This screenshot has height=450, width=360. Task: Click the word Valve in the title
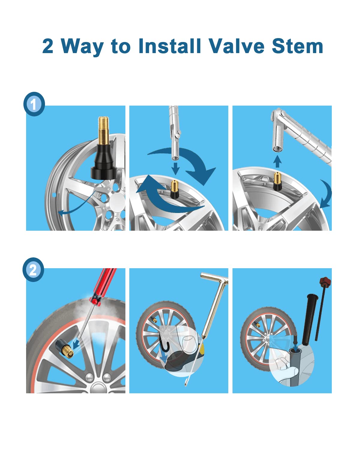(237, 46)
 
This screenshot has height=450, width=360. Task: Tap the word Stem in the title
(298, 46)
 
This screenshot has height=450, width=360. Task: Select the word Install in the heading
(169, 46)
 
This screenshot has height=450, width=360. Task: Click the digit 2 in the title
(47, 46)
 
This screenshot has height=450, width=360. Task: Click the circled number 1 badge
(34, 104)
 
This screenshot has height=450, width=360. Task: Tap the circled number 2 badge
(33, 270)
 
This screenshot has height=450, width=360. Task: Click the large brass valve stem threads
(103, 130)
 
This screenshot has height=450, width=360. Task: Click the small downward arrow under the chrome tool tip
(175, 168)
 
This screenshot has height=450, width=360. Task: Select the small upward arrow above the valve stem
(277, 161)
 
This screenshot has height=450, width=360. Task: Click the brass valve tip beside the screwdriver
(67, 352)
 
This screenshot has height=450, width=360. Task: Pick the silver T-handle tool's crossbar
(214, 277)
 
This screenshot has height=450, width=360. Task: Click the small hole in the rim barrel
(54, 195)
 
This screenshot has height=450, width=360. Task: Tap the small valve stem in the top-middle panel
(175, 189)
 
